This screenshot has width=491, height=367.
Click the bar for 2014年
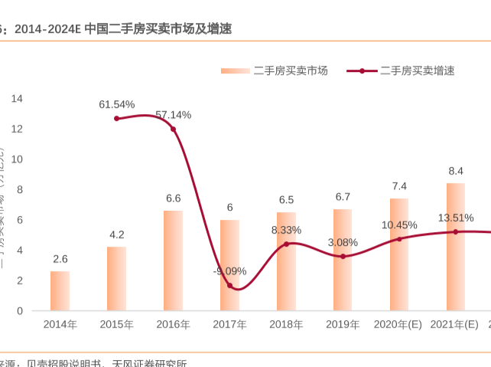point(60,291)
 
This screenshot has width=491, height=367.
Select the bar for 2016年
point(173,261)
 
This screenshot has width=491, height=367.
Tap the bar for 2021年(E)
point(456,247)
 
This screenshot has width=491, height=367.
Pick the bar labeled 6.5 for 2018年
point(286,261)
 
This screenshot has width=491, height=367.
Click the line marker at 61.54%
point(116,118)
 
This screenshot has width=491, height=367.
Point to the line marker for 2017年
point(229,285)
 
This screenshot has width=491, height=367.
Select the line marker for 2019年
point(343,256)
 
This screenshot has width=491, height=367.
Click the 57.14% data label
point(173,115)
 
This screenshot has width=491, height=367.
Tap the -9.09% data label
point(229,270)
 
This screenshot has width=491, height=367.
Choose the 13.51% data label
point(456,218)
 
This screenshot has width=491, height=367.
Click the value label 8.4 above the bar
point(456,171)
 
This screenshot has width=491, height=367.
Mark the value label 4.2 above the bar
point(116,234)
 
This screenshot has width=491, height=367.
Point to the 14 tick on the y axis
point(17,98)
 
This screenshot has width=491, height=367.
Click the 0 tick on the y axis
point(20,311)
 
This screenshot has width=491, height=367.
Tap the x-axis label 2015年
point(116,325)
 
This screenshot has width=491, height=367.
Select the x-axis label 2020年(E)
point(398,325)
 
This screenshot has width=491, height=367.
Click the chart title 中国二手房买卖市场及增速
point(158,29)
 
